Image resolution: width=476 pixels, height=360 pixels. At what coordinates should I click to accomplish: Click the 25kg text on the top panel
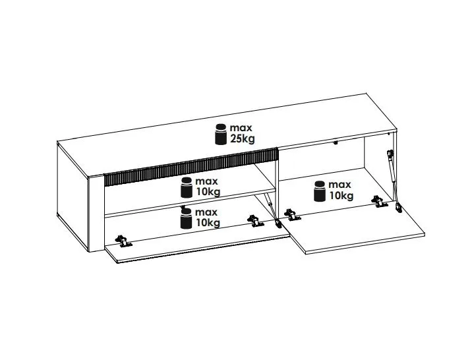point(242,138)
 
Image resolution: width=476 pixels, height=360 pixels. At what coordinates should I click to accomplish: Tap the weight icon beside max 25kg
point(221,134)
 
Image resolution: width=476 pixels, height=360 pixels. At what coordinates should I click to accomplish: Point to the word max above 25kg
point(241,128)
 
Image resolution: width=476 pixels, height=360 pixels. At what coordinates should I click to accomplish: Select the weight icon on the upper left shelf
point(187,187)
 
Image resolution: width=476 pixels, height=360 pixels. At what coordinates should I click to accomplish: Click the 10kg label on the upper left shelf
point(208,192)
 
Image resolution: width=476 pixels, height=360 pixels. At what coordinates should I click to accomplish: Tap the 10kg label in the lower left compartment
point(208,223)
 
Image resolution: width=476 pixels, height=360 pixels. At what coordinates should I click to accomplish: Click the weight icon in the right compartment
point(319,191)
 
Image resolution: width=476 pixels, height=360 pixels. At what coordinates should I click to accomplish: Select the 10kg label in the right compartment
point(342,196)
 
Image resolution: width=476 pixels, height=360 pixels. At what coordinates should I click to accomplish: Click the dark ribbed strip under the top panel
point(191,167)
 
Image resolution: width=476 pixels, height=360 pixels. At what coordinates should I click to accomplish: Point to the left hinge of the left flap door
point(123,241)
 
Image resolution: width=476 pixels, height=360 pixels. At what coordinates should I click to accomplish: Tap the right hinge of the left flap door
point(255,221)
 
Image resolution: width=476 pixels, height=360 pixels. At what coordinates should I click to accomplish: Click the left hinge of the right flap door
point(292,214)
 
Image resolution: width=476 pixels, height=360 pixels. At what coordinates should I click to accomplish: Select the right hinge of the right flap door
point(379,201)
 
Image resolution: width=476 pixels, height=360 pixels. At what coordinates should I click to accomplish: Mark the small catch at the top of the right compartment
point(335,142)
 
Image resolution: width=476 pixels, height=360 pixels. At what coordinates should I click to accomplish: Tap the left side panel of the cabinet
point(73,196)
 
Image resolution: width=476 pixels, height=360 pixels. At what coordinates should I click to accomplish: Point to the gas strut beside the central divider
point(272,210)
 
